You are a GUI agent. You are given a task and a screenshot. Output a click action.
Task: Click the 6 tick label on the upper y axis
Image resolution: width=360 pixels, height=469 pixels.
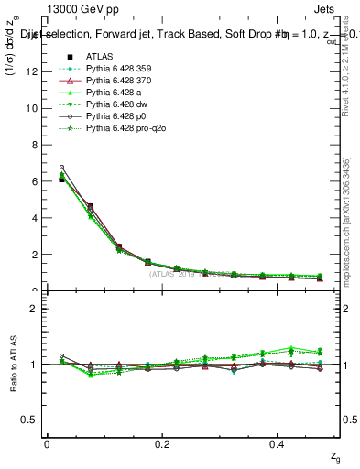(38, 181)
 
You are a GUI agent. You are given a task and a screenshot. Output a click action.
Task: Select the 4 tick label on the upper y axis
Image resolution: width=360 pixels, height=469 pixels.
(38, 218)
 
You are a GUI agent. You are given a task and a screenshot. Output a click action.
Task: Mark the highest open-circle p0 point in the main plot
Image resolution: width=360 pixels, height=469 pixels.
(61, 167)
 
